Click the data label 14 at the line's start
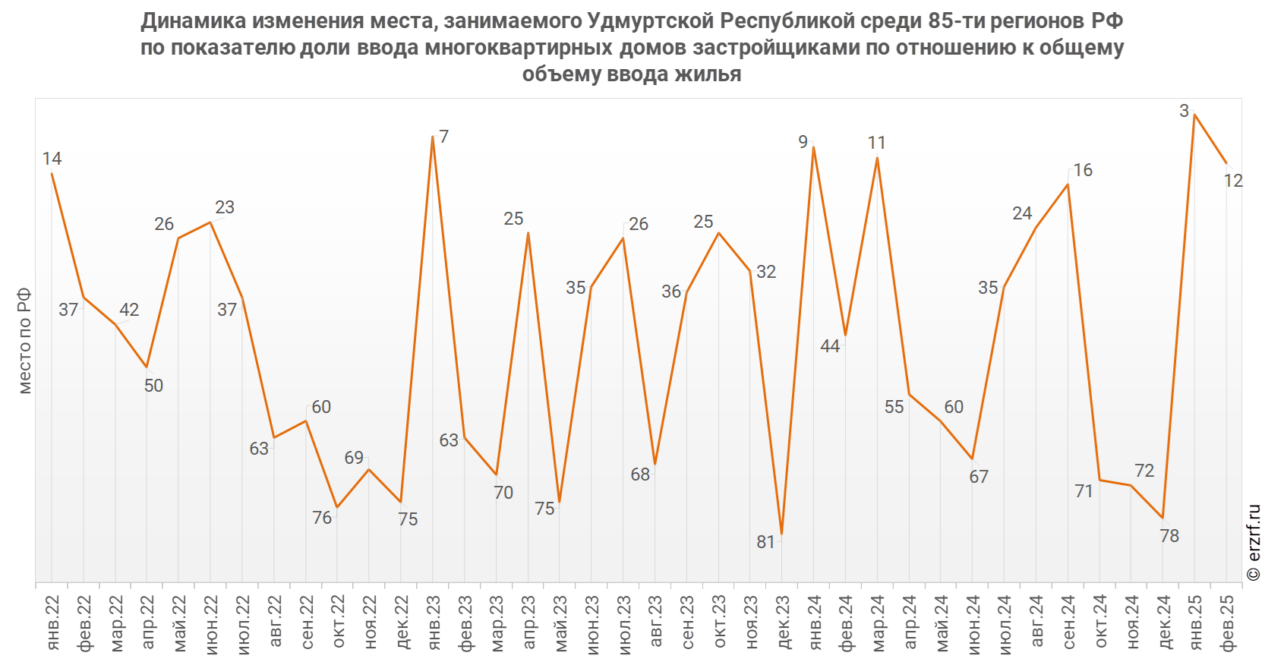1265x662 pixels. [52, 159]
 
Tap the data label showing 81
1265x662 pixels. [765, 542]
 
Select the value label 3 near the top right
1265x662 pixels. [1184, 112]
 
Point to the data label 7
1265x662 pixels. [443, 137]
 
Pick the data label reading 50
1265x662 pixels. [153, 386]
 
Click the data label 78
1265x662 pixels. [1169, 536]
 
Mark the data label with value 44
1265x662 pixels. [830, 346]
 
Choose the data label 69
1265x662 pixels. [354, 458]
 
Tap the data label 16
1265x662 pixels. [1083, 170]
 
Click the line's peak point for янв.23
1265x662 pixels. [433, 137]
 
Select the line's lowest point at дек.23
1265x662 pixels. [782, 535]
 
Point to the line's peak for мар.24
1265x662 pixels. [877, 158]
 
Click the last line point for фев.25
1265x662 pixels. [1226, 164]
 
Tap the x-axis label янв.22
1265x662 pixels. [52, 623]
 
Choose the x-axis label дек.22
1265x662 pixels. [402, 623]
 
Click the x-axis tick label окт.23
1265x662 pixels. [719, 623]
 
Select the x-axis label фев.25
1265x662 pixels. [1227, 623]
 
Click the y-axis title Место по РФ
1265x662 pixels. [25, 340]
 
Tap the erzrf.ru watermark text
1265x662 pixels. [1254, 543]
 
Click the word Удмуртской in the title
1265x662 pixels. [651, 20]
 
